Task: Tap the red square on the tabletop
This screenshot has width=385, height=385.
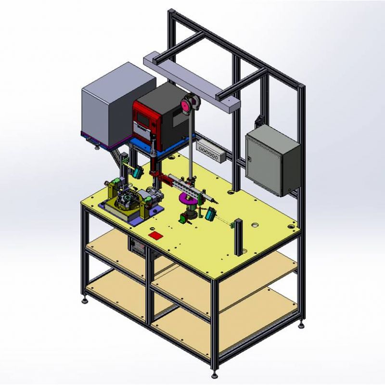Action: point(156,236)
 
